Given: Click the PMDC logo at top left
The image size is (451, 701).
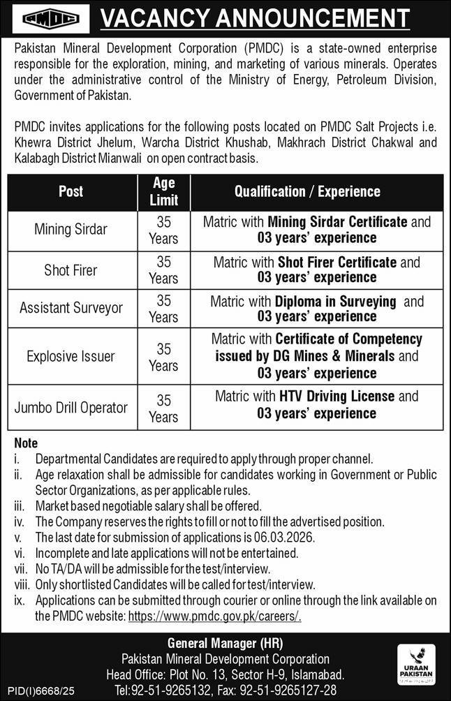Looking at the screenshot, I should (46, 19).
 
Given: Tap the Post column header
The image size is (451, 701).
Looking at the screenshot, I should (71, 191).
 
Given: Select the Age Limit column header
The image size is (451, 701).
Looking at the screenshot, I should (163, 191).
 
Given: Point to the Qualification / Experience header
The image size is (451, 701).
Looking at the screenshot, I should (307, 191).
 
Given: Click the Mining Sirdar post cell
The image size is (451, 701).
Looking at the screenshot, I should (71, 230).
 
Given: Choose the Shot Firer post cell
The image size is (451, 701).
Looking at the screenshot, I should (71, 270).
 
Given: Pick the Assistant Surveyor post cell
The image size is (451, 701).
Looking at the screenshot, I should (71, 308).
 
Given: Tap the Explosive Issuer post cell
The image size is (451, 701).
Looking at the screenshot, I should (71, 356).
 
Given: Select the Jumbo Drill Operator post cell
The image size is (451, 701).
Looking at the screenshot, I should (71, 407).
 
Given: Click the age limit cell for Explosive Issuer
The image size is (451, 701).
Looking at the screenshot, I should (163, 356).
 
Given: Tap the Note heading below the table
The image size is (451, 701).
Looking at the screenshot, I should (26, 443).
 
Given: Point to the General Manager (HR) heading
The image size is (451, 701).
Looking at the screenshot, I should (225, 643).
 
